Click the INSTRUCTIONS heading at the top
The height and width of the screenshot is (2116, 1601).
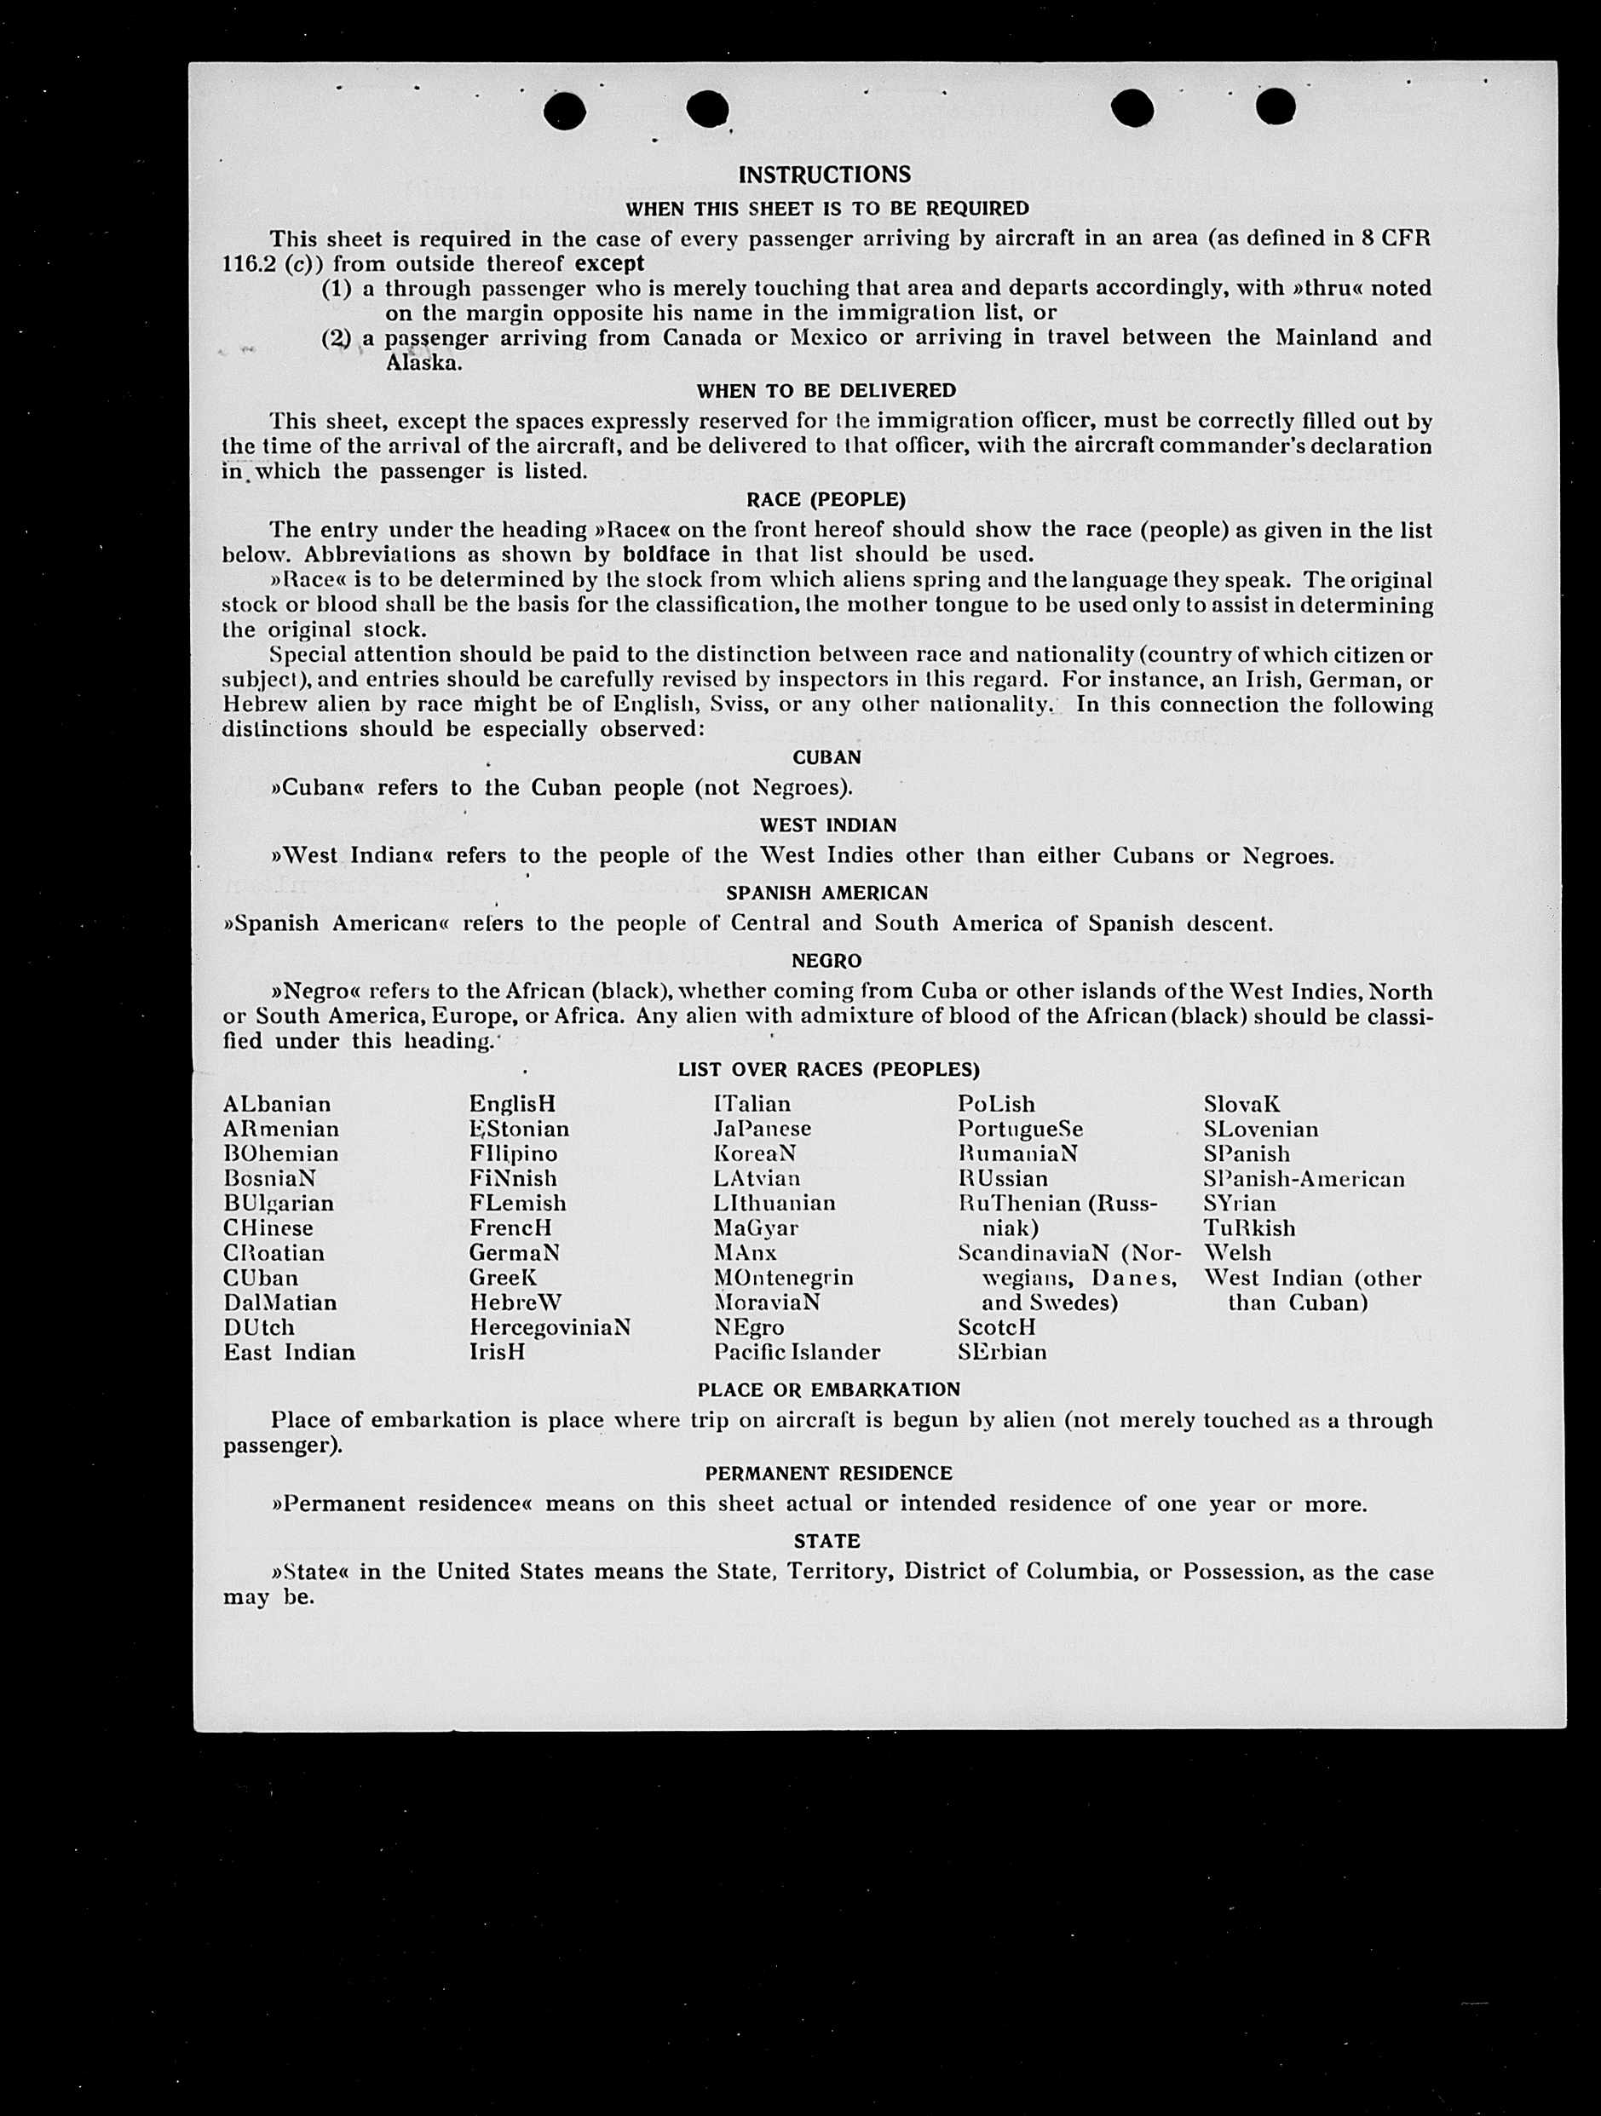pyautogui.click(x=824, y=175)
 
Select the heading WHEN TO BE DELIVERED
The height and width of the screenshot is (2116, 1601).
pyautogui.click(x=825, y=391)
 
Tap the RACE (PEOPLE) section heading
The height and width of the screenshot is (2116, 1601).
pyautogui.click(x=825, y=500)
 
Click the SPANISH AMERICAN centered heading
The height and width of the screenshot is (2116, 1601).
pyautogui.click(x=826, y=894)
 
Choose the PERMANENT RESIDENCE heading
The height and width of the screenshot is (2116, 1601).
pyautogui.click(x=828, y=1474)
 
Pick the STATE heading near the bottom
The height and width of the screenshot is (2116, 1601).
pyautogui.click(x=826, y=1542)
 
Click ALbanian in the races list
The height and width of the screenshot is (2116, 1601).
pyautogui.click(x=277, y=1105)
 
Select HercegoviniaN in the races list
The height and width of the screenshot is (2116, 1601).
pyautogui.click(x=550, y=1328)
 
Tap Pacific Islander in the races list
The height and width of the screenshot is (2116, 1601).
pyautogui.click(x=796, y=1353)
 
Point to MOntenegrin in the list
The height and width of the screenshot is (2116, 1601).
pyautogui.click(x=783, y=1278)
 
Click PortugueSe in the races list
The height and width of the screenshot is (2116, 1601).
pyautogui.click(x=1020, y=1130)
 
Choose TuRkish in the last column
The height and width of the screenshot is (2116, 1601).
pyautogui.click(x=1249, y=1228)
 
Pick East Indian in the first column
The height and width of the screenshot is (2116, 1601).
pyautogui.click(x=289, y=1353)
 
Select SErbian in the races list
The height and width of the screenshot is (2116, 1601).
pyautogui.click(x=1002, y=1353)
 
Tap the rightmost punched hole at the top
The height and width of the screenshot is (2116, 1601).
pyautogui.click(x=1275, y=106)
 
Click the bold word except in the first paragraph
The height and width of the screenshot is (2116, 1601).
pyautogui.click(x=608, y=264)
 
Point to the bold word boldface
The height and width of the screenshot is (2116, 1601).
pyautogui.click(x=666, y=555)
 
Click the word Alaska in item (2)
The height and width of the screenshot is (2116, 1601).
pyautogui.click(x=423, y=364)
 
